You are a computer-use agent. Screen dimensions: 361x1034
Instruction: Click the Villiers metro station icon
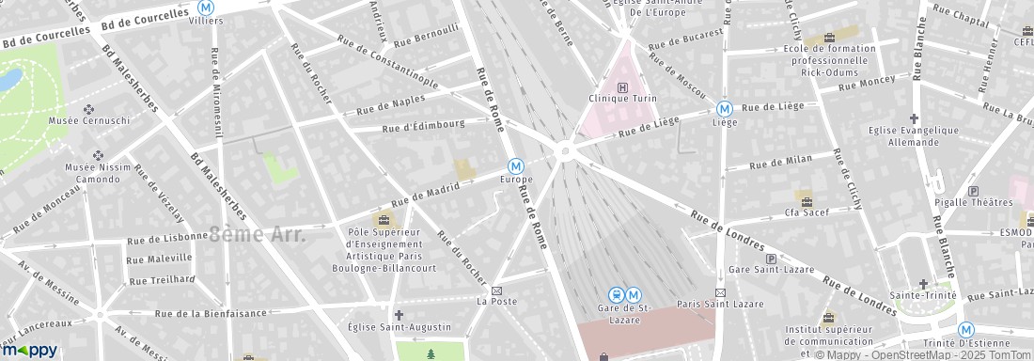[x=206, y=6]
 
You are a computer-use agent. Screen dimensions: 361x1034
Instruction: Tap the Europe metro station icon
[x=516, y=165]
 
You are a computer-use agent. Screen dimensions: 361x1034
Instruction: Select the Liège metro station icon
[x=724, y=108]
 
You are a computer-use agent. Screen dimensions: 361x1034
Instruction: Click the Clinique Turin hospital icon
[x=621, y=88]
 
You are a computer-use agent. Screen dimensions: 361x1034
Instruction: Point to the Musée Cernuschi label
[x=89, y=120]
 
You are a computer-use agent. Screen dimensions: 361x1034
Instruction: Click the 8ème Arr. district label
[x=258, y=235]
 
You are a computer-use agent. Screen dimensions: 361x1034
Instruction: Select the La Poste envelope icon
[x=497, y=290]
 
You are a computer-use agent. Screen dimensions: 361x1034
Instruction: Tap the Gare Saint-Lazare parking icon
[x=772, y=259]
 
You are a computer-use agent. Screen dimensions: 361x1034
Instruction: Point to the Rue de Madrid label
[x=425, y=193]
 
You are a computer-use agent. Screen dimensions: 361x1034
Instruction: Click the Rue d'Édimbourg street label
[x=423, y=126]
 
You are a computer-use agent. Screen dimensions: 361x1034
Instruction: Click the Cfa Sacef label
[x=804, y=212]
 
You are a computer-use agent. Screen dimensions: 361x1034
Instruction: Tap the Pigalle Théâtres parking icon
[x=973, y=190]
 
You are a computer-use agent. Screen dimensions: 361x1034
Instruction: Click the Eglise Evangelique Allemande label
[x=913, y=136]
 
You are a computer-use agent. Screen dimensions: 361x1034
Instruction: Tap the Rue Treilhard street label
[x=162, y=279]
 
